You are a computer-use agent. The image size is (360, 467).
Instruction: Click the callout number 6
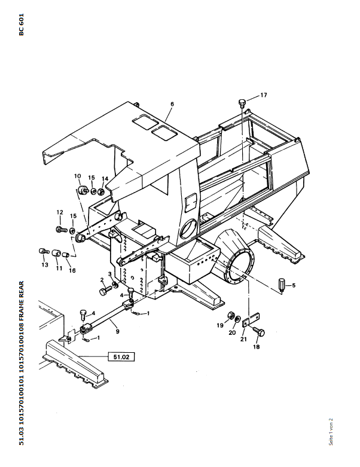click(172, 104)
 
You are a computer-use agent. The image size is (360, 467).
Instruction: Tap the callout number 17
click(263, 96)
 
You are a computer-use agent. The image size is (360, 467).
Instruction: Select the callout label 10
click(77, 176)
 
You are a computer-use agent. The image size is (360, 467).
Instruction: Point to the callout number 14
click(104, 179)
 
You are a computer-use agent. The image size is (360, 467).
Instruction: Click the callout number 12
click(59, 212)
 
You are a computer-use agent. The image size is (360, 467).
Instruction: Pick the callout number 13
click(44, 264)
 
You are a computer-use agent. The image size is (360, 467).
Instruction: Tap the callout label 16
click(72, 270)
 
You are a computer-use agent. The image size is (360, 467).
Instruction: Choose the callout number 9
click(117, 331)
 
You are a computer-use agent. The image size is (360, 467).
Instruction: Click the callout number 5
click(294, 286)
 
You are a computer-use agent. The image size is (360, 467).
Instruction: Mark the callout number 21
click(243, 339)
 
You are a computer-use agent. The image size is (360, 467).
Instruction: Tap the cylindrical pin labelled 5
click(282, 282)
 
